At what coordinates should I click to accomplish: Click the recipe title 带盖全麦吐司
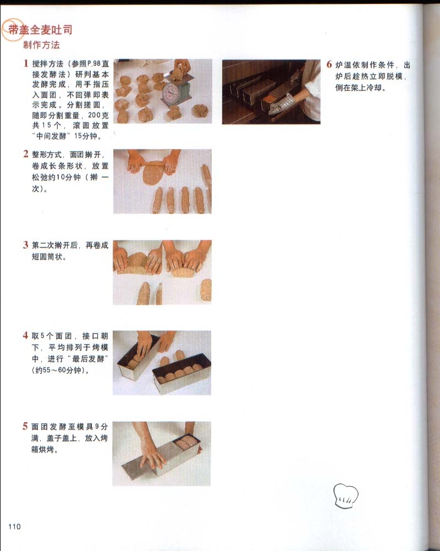[40, 30]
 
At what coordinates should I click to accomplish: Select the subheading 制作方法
[41, 45]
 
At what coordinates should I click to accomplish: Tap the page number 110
[14, 526]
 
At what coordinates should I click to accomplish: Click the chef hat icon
[346, 495]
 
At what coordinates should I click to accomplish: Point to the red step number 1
[26, 63]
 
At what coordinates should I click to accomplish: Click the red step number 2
[26, 154]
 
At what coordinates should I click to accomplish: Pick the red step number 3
[26, 245]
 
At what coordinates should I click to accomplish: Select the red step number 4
[25, 335]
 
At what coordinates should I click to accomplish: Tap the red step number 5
[25, 426]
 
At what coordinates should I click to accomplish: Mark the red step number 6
[329, 64]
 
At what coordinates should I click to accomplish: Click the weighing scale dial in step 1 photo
[171, 91]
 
